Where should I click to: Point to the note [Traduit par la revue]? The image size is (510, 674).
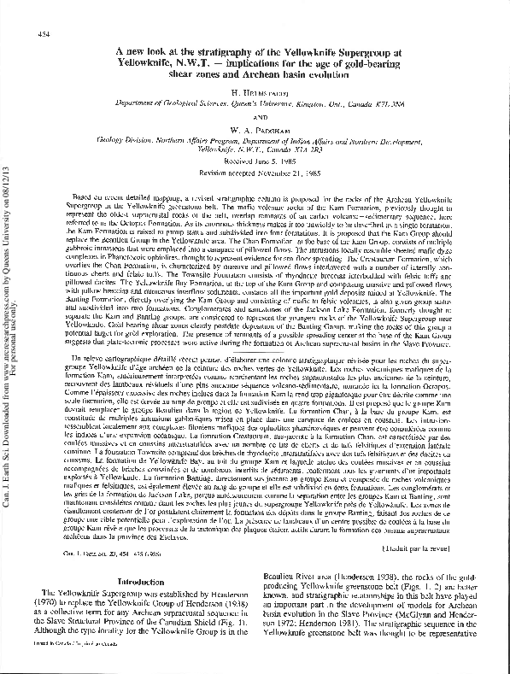[464, 498]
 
